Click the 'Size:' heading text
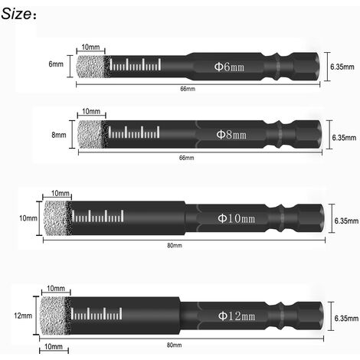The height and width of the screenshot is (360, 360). point(18,14)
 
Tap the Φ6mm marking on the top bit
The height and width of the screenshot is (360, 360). point(229,67)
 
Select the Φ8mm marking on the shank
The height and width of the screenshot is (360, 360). point(231,135)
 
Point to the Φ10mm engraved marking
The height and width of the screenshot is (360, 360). point(237,218)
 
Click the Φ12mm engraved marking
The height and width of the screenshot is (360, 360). point(237,316)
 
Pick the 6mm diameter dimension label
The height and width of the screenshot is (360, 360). point(56,64)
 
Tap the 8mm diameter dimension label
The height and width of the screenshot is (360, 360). point(59,135)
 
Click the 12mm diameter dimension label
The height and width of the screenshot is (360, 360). point(23,316)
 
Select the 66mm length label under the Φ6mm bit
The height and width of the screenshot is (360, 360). point(188,89)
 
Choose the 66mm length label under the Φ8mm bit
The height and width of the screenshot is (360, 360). point(186,158)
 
